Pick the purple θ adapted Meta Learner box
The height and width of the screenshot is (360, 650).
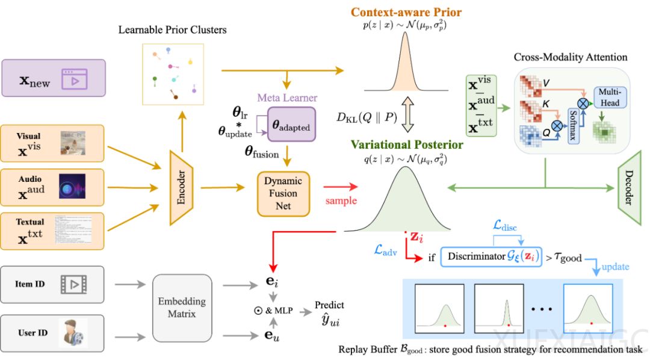pos(291,125)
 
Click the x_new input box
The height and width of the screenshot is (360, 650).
pos(54,78)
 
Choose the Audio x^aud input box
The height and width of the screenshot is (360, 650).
pos(54,186)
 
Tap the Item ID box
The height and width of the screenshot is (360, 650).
pos(54,284)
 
